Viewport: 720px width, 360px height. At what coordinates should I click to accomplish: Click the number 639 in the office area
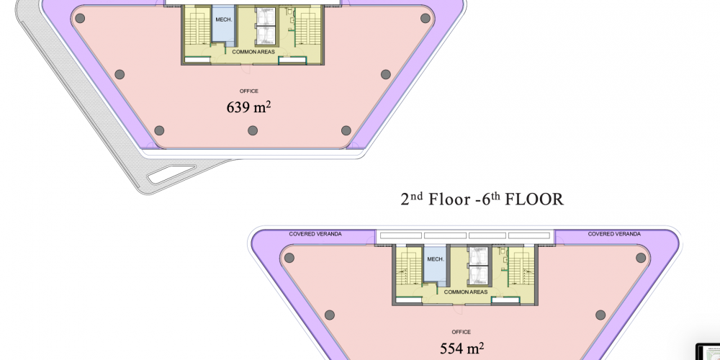238,107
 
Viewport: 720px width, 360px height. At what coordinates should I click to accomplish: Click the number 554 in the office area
451,348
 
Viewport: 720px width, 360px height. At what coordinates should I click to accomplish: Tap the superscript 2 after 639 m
268,104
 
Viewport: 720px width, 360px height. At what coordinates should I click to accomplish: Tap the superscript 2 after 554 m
481,346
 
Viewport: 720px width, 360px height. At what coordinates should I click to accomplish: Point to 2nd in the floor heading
411,199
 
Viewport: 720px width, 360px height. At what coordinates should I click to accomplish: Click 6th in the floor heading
490,199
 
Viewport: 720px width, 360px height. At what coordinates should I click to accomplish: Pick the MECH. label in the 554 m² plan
436,259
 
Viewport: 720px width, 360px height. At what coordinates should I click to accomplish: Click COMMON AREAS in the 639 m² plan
253,52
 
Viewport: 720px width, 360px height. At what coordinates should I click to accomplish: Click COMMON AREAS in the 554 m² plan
466,292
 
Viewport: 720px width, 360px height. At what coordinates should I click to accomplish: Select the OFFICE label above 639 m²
249,91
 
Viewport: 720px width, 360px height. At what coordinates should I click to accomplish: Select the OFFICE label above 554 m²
461,332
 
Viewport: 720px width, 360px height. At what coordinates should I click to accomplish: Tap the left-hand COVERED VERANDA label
315,234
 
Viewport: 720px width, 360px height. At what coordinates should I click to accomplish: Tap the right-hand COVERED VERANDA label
614,234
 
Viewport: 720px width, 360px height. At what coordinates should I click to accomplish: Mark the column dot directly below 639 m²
253,131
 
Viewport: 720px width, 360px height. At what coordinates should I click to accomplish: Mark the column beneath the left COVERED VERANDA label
289,258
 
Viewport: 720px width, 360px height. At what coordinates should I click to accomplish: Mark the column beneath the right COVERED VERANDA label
641,258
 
